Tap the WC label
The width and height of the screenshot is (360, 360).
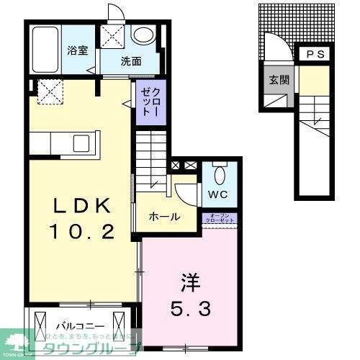219,194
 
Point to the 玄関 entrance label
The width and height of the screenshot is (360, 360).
280,80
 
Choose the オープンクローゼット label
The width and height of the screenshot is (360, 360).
220,218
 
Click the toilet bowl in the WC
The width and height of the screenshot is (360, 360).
222,174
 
